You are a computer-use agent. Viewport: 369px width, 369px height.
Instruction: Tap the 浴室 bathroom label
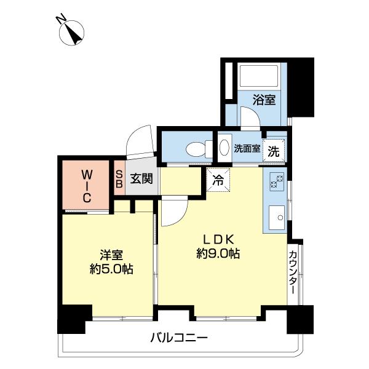tap(264, 99)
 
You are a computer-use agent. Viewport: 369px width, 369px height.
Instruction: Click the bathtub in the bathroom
tap(259, 76)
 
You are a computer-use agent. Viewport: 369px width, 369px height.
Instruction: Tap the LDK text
tap(218, 239)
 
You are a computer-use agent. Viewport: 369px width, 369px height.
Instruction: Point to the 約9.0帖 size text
tap(218, 253)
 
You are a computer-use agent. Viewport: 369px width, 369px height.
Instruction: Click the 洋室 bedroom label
tap(111, 253)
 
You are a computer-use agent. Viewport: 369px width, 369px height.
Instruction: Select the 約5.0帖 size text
tap(111, 269)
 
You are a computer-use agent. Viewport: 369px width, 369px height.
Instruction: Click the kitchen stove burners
tap(275, 182)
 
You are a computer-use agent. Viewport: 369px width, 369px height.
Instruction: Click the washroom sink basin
tap(224, 148)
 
